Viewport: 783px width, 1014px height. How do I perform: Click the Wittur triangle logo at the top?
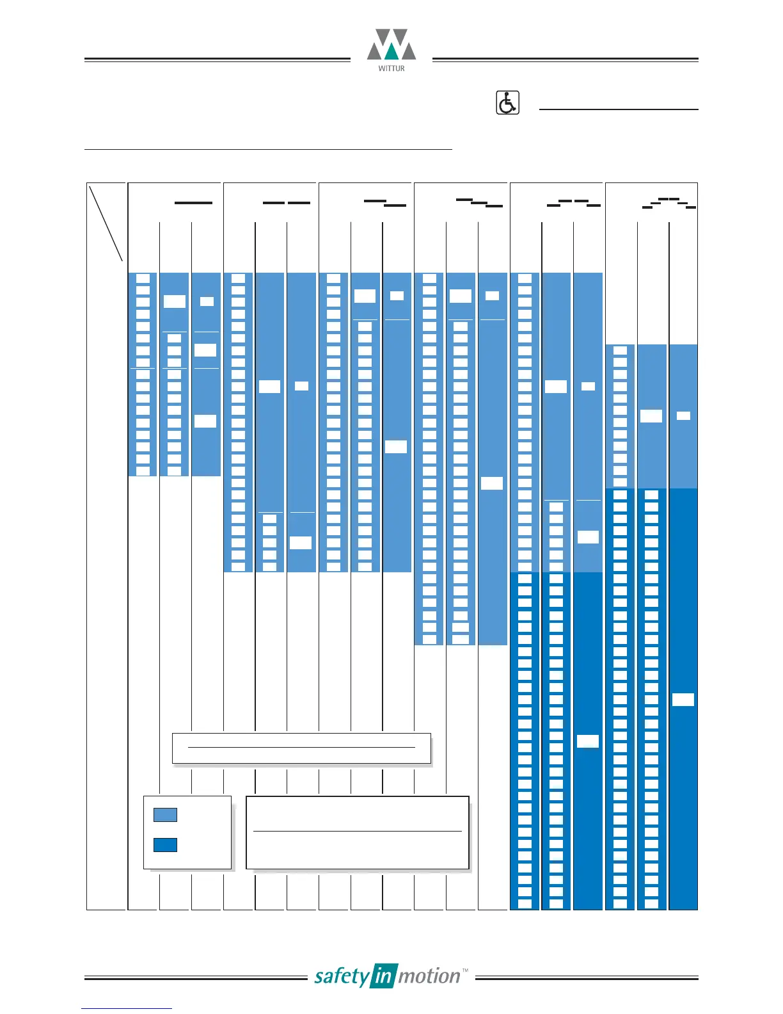point(391,45)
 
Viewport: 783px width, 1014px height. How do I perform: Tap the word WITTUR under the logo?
point(391,68)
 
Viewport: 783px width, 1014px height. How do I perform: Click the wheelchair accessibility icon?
point(507,103)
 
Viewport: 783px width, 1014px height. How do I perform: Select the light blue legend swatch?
point(165,815)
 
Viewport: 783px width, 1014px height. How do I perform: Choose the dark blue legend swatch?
point(165,845)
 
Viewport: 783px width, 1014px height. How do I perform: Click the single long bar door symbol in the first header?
point(193,203)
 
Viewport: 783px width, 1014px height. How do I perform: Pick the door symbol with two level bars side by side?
point(287,203)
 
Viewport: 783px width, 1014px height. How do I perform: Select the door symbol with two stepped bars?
point(385,204)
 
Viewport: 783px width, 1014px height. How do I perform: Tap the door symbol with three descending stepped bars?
point(479,204)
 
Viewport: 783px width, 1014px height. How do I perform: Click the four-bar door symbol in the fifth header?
point(574,204)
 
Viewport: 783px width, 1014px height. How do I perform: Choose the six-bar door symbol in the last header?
point(669,204)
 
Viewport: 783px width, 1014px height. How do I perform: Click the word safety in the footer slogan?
point(342,977)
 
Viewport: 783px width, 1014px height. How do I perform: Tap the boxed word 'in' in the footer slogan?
point(383,976)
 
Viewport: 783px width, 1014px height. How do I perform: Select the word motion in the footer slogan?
point(429,976)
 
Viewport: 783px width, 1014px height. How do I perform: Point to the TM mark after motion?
point(464,971)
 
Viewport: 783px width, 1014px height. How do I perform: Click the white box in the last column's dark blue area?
point(683,700)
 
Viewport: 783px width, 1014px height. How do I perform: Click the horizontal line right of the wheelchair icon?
point(619,109)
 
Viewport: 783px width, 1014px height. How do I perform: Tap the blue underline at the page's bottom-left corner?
point(127,1008)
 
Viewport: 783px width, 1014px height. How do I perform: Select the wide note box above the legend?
point(301,748)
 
